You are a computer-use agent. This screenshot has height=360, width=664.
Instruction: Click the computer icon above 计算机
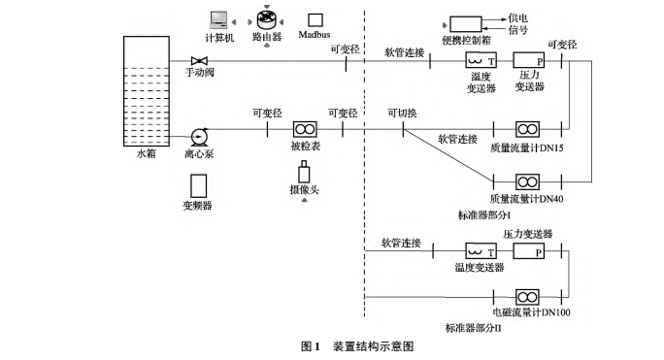coord(218,18)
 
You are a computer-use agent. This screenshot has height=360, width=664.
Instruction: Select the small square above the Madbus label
coord(315,19)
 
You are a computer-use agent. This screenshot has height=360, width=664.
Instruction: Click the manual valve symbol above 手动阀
coord(197,62)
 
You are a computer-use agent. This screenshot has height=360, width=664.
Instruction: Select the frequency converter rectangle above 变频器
coord(198,184)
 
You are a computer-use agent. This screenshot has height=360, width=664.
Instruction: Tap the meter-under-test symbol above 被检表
coord(305,130)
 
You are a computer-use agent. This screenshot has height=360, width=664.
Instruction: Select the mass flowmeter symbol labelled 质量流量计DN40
coord(529,181)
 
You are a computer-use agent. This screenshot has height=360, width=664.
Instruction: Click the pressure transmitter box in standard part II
coord(529,250)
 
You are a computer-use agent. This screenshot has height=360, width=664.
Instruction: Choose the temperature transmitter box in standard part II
coord(478,250)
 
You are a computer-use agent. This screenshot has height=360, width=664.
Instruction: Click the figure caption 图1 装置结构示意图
coord(358,345)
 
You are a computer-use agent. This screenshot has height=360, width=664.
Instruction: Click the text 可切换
coord(402,113)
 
